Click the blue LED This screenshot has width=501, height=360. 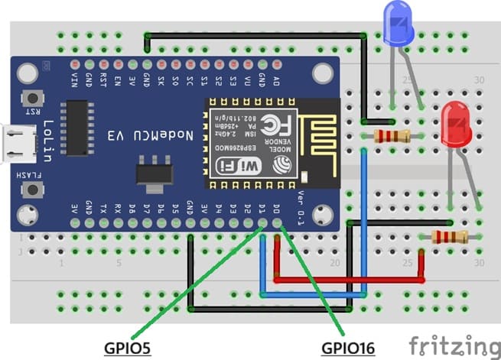(x=398, y=23)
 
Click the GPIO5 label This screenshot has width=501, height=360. (x=128, y=349)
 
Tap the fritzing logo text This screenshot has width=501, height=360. (x=451, y=343)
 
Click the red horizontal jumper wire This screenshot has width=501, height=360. (x=348, y=280)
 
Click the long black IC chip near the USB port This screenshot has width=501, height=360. (x=78, y=127)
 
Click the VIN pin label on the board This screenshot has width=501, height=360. (x=74, y=79)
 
